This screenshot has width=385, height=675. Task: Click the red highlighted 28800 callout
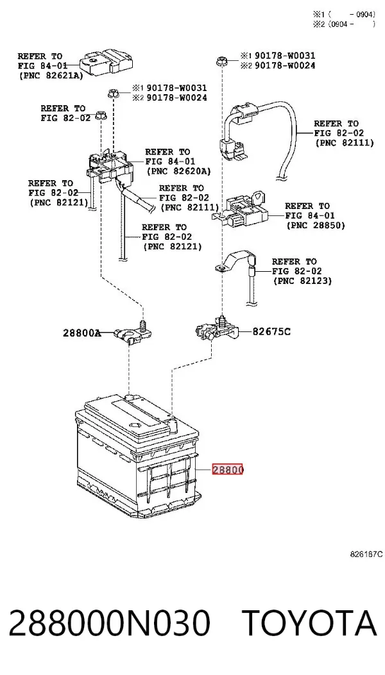(x=228, y=470)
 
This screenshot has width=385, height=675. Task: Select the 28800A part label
(x=82, y=332)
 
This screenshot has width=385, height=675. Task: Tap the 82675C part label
(x=271, y=331)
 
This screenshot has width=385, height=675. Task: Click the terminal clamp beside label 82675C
(x=217, y=330)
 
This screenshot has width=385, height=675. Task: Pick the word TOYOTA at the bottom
(x=309, y=623)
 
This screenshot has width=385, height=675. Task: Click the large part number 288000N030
(x=109, y=623)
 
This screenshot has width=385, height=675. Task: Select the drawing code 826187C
(x=366, y=554)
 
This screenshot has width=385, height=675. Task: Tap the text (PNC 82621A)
(x=51, y=75)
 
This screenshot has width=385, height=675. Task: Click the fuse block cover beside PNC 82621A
(x=107, y=62)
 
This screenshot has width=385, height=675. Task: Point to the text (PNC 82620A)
(x=178, y=171)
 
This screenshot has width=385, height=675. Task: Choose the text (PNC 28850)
(x=316, y=225)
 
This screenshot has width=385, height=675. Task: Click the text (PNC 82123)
(x=302, y=281)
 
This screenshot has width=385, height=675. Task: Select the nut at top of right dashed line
(x=222, y=62)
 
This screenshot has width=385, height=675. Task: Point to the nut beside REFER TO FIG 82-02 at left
(x=101, y=115)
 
